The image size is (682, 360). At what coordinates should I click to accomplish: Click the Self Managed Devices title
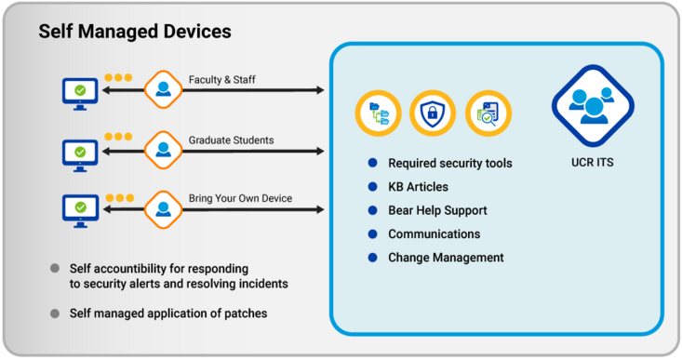point(135,32)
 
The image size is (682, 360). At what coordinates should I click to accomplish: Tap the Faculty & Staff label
point(221,80)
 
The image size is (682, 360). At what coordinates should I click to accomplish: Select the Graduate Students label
point(231,140)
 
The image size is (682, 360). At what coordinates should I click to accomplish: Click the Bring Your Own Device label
point(240,198)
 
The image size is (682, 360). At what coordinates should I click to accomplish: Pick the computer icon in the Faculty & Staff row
point(80,91)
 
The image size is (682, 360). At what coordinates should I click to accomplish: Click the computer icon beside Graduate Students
point(80,151)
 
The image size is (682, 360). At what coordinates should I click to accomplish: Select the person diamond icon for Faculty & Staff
point(163,90)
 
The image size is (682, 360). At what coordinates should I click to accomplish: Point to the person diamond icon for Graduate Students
point(163,150)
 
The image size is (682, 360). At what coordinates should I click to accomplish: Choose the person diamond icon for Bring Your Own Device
point(163,207)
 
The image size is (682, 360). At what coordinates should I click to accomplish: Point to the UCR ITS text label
point(592,163)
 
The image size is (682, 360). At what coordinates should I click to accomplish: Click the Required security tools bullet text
point(449,164)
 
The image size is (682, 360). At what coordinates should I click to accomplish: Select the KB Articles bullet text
point(418,187)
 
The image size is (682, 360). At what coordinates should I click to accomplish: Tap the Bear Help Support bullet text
point(437,211)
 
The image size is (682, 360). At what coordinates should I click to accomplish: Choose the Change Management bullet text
point(446,258)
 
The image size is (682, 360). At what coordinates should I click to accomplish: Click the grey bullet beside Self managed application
point(56,313)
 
